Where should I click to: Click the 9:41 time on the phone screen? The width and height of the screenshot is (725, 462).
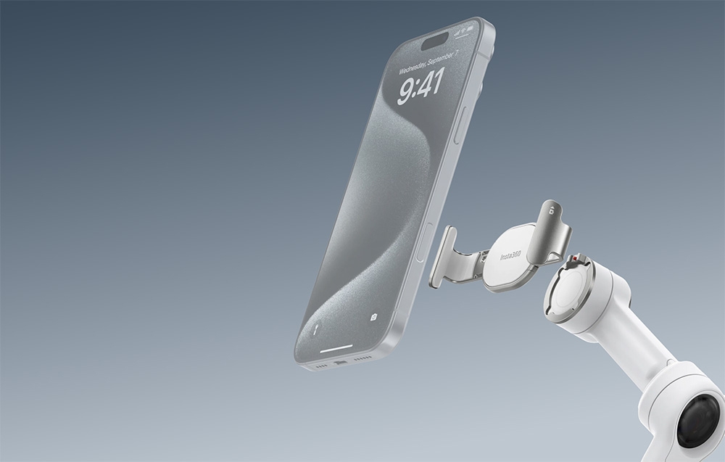tap(421, 86)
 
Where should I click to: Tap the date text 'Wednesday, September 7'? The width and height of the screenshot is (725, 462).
tap(428, 62)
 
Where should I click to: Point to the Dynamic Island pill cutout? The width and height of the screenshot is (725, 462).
tap(434, 41)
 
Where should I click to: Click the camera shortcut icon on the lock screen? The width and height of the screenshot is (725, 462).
tap(373, 317)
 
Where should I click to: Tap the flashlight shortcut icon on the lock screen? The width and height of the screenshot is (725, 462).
tap(316, 329)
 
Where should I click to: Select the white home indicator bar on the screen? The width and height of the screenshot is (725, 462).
tap(336, 348)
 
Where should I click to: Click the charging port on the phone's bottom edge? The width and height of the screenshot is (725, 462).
tap(340, 363)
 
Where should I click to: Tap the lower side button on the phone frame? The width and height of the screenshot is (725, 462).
tap(423, 243)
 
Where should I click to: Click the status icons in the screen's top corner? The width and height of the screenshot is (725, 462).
tap(464, 30)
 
